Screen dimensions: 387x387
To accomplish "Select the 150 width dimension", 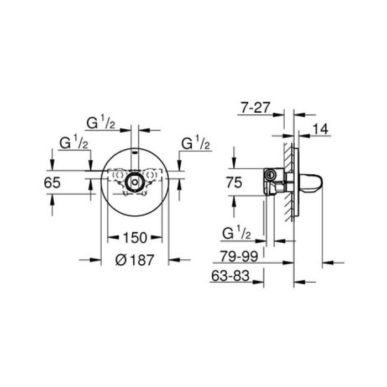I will click(134, 238).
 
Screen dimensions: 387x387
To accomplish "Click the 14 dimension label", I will click(320, 129).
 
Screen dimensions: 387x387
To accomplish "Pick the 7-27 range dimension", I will click(255, 108).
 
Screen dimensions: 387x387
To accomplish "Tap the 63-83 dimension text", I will click(229, 275).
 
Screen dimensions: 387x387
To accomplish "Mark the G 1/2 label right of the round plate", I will click(196, 144).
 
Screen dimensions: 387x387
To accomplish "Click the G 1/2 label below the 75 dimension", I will click(237, 233).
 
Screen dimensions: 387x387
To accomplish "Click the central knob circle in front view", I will click(134, 181).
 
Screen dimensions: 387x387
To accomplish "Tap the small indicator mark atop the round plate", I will click(134, 151).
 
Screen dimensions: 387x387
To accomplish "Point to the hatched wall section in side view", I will click(287, 182).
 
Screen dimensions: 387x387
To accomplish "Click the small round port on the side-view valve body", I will click(270, 175).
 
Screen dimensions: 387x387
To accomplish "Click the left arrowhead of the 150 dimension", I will click(110, 238).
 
